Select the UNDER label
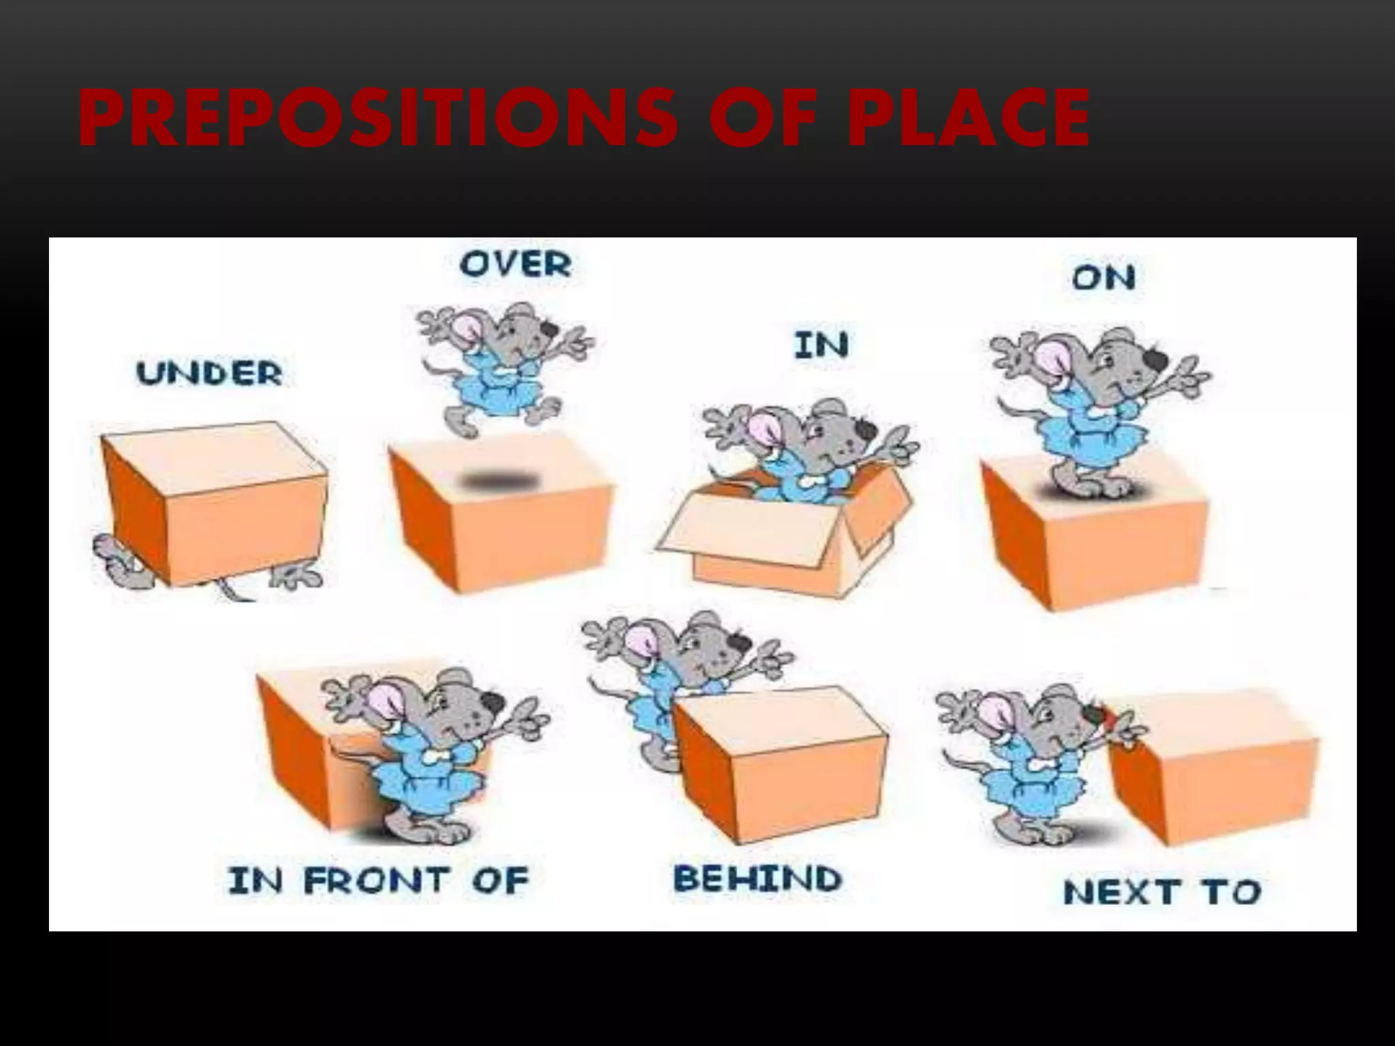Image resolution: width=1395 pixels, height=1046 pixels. click(210, 374)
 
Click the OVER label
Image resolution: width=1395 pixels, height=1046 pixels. click(516, 264)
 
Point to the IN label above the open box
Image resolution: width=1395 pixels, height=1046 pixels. click(821, 345)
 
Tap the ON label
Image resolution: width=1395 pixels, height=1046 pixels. click(1103, 278)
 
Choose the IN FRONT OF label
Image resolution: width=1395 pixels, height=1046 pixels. click(379, 881)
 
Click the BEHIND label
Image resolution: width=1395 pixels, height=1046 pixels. click(757, 878)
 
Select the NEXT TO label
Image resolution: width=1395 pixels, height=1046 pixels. click(1162, 892)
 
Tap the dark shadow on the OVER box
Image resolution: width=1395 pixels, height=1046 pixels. click(501, 482)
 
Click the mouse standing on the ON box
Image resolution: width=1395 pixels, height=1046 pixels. click(1097, 409)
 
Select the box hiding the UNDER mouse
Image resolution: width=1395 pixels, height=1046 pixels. click(215, 504)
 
